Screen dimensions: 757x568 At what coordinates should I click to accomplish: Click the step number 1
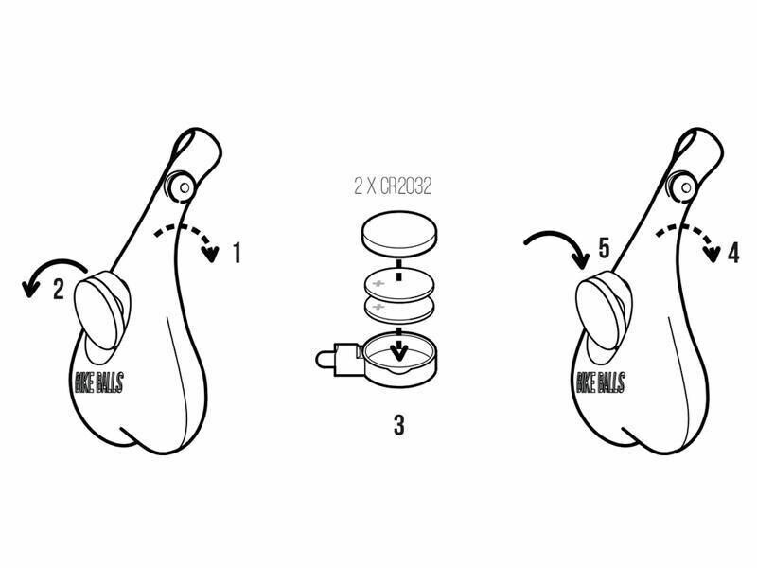click(237, 253)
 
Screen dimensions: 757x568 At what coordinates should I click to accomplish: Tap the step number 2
click(59, 289)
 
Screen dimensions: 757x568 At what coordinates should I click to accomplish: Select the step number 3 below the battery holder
click(398, 425)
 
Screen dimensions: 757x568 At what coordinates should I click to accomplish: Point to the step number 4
click(733, 253)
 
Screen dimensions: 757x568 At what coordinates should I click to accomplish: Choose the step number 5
click(605, 247)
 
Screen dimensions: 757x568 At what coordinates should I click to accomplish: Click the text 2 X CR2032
click(393, 186)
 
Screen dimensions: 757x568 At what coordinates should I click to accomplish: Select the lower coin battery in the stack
click(398, 311)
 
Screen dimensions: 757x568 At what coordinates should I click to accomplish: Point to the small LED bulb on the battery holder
click(323, 359)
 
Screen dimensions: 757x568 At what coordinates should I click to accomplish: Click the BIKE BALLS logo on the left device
click(99, 382)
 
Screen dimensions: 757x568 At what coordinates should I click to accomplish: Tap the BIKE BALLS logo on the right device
click(601, 382)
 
